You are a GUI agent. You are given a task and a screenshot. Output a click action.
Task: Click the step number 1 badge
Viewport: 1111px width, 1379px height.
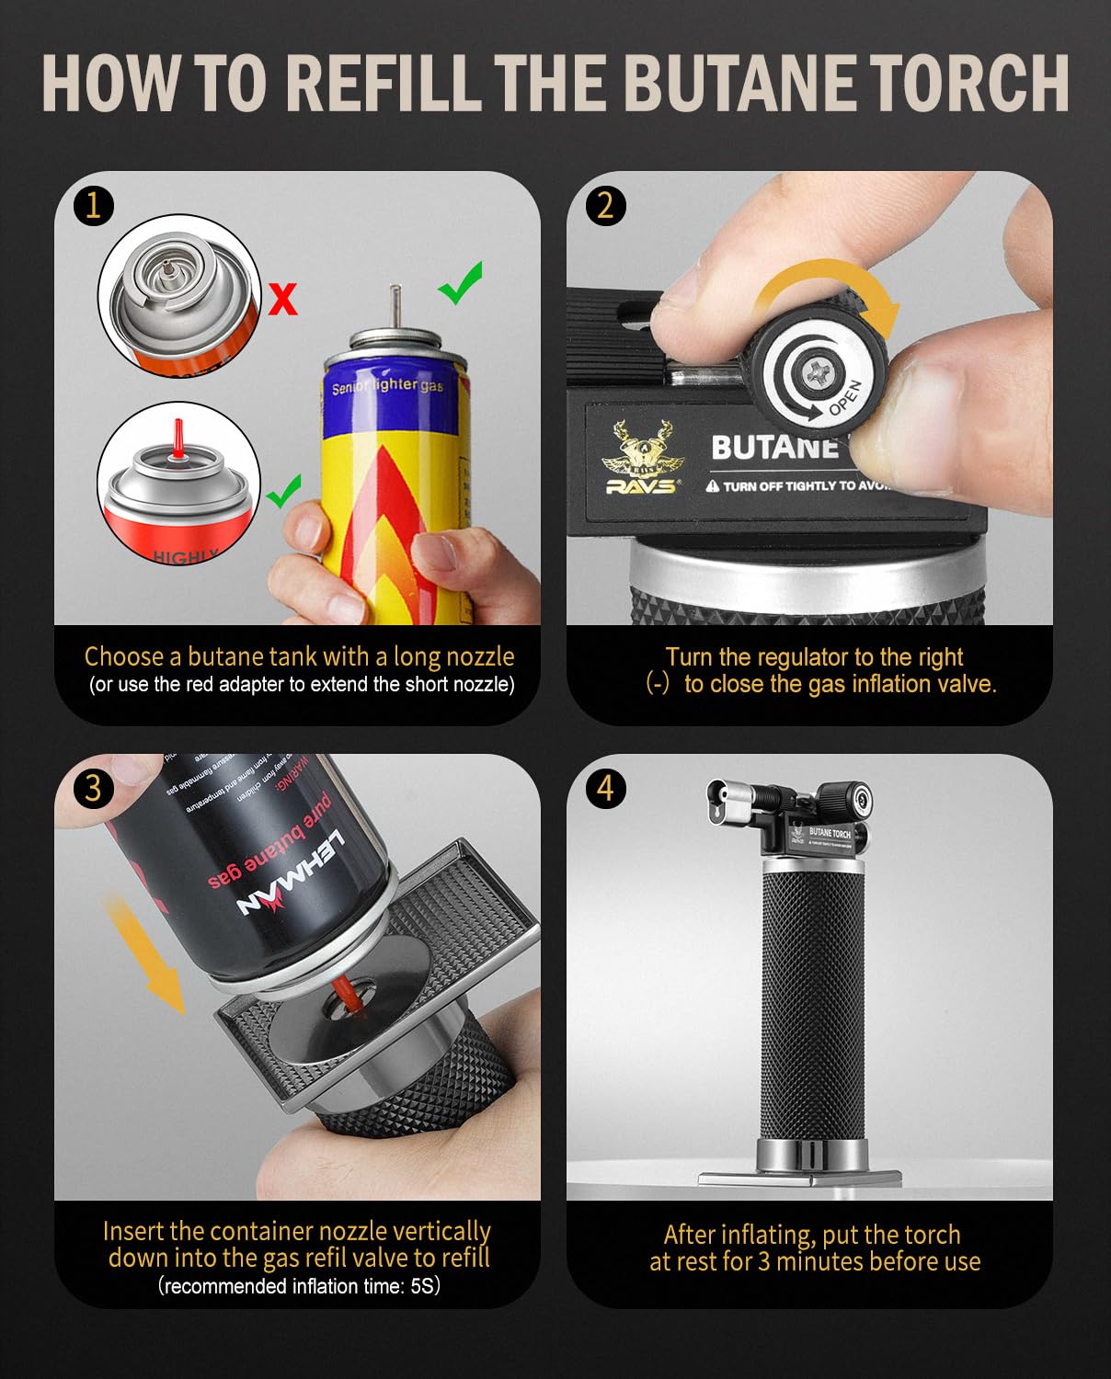(93, 205)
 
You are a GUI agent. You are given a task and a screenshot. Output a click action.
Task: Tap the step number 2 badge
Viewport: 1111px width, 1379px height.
(605, 205)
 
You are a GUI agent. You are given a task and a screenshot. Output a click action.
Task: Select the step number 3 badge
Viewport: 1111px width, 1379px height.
(93, 788)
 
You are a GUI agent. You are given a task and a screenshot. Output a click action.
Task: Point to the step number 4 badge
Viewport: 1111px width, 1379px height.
(605, 788)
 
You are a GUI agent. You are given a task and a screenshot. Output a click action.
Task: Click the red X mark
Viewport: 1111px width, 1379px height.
(283, 300)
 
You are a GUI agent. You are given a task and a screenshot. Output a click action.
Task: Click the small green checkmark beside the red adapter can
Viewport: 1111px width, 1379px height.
(284, 492)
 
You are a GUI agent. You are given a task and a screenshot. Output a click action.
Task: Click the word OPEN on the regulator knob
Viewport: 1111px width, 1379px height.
(844, 397)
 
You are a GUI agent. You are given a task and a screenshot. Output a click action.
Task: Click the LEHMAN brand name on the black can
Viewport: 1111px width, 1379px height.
(291, 873)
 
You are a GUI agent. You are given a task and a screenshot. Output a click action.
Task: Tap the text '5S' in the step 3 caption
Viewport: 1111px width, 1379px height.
(423, 1286)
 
